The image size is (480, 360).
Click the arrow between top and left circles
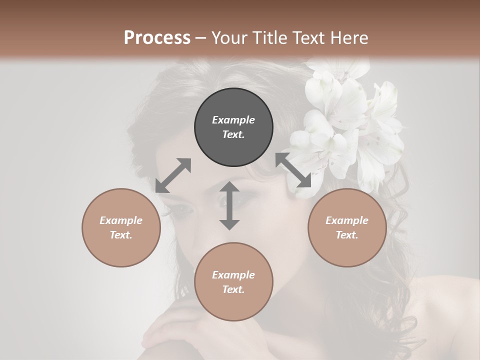[x=173, y=175]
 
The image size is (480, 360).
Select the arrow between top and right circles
[x=293, y=170]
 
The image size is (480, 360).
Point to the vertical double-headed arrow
[x=229, y=205]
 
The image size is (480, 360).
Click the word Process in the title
[x=157, y=38]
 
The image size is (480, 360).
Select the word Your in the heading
[x=230, y=38]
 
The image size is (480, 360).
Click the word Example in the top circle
[x=233, y=120]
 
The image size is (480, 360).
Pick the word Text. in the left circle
[x=121, y=235]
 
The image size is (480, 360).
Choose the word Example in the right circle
[x=347, y=220]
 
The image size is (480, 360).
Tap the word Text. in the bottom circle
[x=233, y=289]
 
